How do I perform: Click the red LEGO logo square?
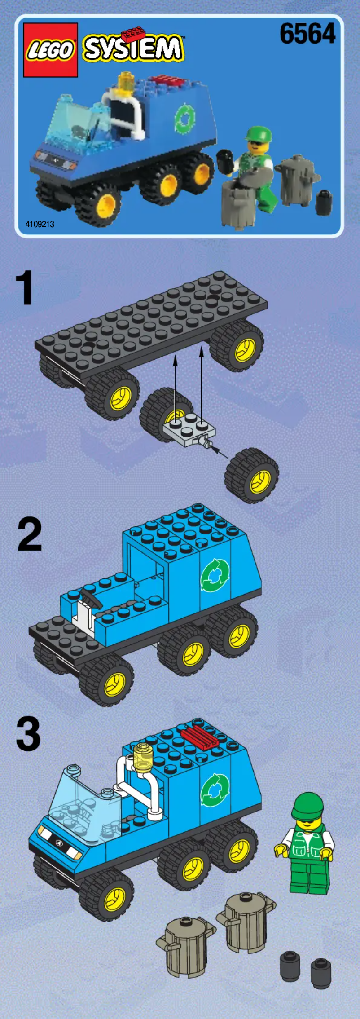coord(50,50)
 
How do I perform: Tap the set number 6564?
coord(307,34)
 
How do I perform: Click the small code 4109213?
coord(40,224)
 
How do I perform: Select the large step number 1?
coord(25,288)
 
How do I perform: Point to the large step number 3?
coord(29,734)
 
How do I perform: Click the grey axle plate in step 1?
coord(189,432)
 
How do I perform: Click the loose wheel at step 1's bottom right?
coord(252,476)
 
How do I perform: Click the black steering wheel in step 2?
coord(88,598)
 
